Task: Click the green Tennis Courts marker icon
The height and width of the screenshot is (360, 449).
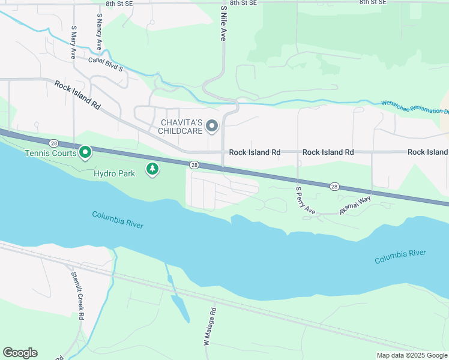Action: pyautogui.click(x=85, y=152)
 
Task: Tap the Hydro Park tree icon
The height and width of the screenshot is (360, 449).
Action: pyautogui.click(x=153, y=169)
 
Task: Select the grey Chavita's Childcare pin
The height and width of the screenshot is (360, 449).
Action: pyautogui.click(x=211, y=126)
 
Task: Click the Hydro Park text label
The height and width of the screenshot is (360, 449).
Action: pyautogui.click(x=115, y=173)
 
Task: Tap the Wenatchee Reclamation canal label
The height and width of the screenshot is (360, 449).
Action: pyautogui.click(x=414, y=107)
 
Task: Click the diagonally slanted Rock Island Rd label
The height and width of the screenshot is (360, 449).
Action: pyautogui.click(x=77, y=94)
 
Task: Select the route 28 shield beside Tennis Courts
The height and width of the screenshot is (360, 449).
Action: pyautogui.click(x=54, y=143)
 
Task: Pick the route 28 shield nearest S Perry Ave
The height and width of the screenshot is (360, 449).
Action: pyautogui.click(x=334, y=187)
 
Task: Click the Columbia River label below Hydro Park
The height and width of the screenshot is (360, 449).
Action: pyautogui.click(x=118, y=220)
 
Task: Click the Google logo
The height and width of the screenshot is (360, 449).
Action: pyautogui.click(x=20, y=353)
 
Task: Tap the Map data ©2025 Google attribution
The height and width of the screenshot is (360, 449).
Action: pyautogui.click(x=411, y=355)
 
